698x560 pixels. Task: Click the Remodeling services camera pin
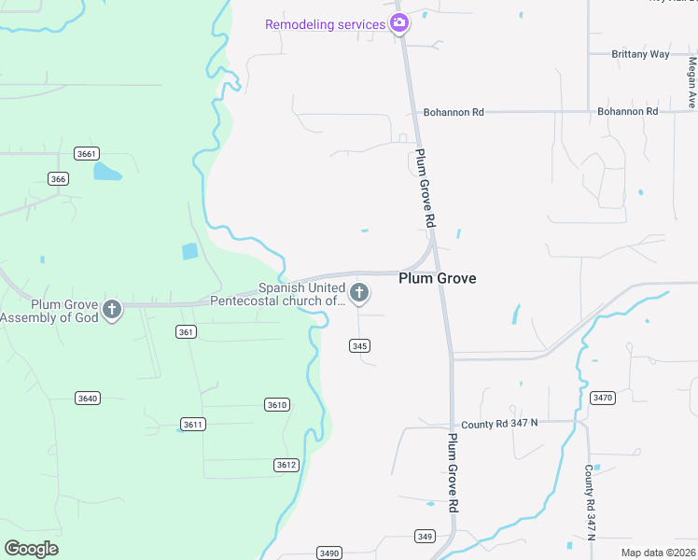point(399,23)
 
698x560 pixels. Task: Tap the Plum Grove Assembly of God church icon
point(112,309)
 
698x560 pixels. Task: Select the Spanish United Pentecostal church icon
point(359,294)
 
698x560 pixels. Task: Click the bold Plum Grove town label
point(438,278)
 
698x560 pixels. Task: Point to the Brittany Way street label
point(640,54)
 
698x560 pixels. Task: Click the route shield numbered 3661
point(87,153)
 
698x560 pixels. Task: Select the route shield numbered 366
point(59,179)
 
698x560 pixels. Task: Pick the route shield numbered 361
point(186,332)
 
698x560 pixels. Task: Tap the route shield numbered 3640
point(88,399)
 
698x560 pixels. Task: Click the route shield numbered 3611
point(193,425)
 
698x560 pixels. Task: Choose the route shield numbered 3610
point(277,404)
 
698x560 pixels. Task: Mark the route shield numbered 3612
point(286,465)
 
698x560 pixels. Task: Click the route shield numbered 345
point(360,345)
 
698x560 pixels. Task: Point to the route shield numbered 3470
point(603,398)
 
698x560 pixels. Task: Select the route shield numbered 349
point(426,536)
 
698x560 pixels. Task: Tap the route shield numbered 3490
point(328,553)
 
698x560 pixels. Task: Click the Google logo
point(31,549)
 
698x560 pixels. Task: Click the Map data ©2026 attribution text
point(658,553)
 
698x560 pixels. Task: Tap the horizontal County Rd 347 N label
point(499,424)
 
